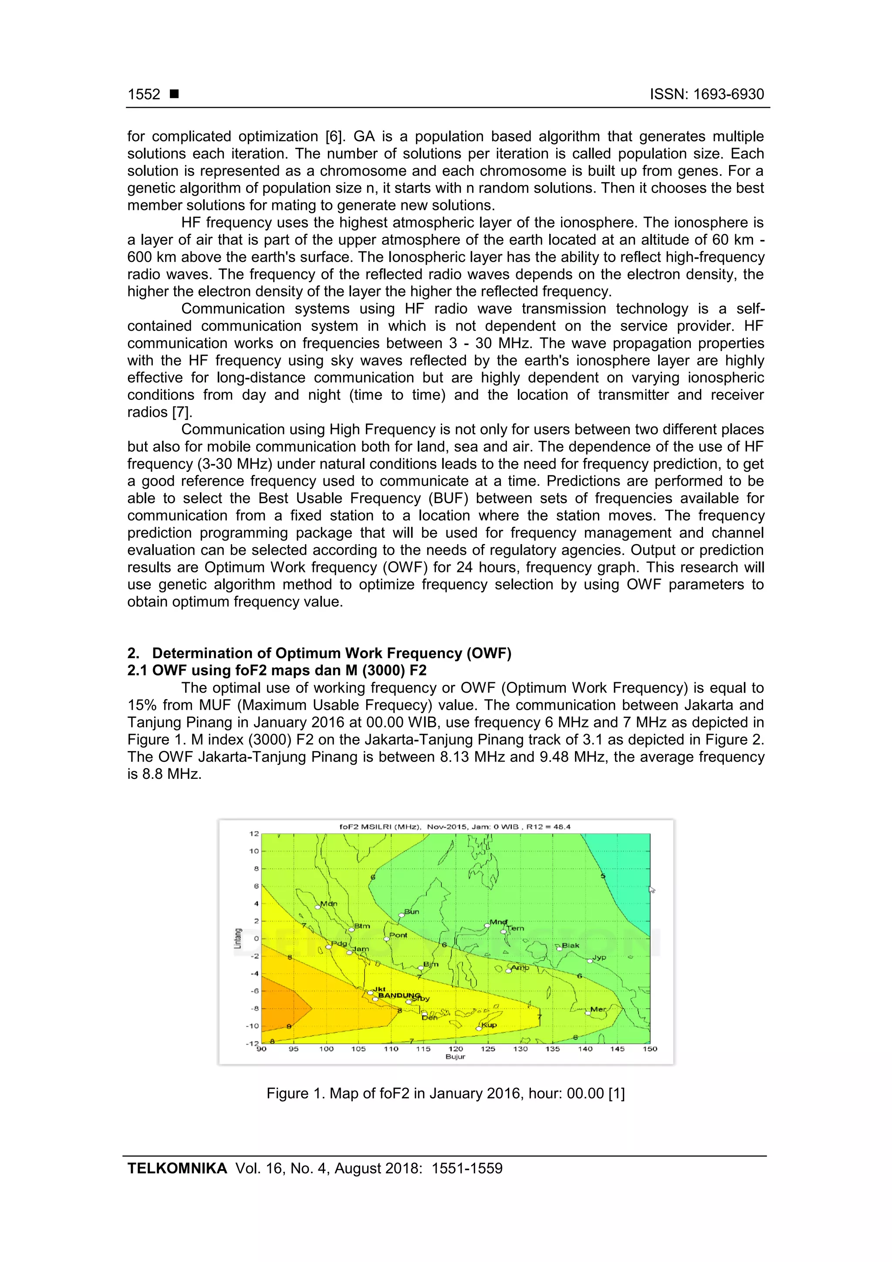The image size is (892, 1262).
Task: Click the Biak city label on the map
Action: coord(570,945)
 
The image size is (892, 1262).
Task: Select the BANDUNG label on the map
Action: coord(399,995)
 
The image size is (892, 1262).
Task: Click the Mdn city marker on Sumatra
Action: coord(318,907)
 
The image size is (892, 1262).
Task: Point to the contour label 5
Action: coord(603,876)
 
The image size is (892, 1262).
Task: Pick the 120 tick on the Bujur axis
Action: coord(456,1049)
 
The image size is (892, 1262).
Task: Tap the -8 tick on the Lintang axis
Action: coord(254,1008)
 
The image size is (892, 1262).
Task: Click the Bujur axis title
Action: coord(455,1056)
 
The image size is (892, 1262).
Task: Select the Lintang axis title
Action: coord(237,938)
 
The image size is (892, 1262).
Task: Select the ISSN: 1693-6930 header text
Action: coord(707,94)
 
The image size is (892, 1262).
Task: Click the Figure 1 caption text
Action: coord(445,1093)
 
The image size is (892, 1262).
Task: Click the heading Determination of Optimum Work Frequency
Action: coord(331,653)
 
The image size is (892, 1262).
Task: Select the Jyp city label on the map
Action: coord(599,957)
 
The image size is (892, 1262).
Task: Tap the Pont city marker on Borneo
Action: coord(386,939)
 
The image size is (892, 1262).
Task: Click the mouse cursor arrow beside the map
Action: coord(652,890)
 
